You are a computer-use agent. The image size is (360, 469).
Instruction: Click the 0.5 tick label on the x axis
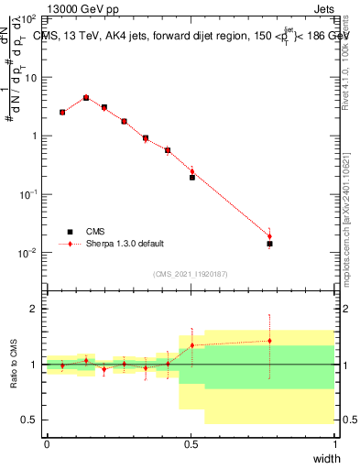coord(191,444)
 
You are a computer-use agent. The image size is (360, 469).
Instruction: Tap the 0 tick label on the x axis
coord(47,444)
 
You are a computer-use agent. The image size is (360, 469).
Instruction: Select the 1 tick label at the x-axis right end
coord(334,444)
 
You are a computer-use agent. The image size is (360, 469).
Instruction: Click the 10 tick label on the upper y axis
coord(30,77)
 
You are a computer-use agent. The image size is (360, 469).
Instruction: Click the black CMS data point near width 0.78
coord(269,244)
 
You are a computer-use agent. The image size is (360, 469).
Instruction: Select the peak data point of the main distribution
coord(86,97)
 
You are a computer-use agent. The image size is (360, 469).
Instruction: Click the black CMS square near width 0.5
coord(192,177)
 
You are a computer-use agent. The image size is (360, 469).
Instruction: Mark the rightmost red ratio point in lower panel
coord(269,341)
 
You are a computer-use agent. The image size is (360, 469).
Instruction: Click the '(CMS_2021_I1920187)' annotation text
coord(191,272)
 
